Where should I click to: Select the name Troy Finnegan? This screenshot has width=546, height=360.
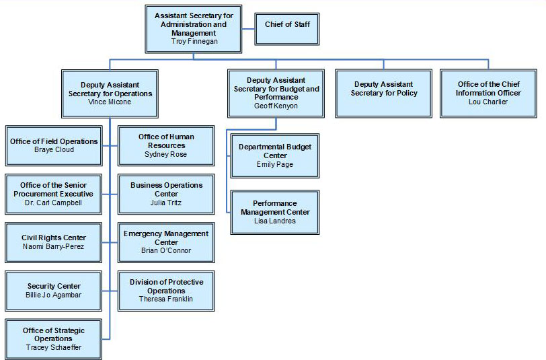coord(194,41)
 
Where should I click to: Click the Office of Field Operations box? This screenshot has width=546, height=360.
coord(54,145)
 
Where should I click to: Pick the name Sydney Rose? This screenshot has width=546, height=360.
coord(166,154)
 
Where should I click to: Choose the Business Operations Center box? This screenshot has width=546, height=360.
coord(166,193)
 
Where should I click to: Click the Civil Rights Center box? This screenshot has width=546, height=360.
coord(54,242)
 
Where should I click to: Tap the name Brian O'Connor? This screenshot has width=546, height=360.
coord(166,251)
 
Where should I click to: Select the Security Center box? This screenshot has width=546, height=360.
coord(54,290)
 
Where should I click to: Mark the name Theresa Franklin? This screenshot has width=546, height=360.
coord(166,299)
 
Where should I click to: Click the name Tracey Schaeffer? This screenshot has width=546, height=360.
coord(53,347)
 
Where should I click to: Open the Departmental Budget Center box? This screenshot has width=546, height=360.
coord(274,155)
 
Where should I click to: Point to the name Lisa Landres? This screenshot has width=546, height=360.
coord(274,221)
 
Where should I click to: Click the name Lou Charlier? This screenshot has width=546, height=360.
coord(488,102)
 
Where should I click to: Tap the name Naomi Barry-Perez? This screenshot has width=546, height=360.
coord(54,247)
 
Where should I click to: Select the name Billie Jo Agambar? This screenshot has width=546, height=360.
coord(54,295)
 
